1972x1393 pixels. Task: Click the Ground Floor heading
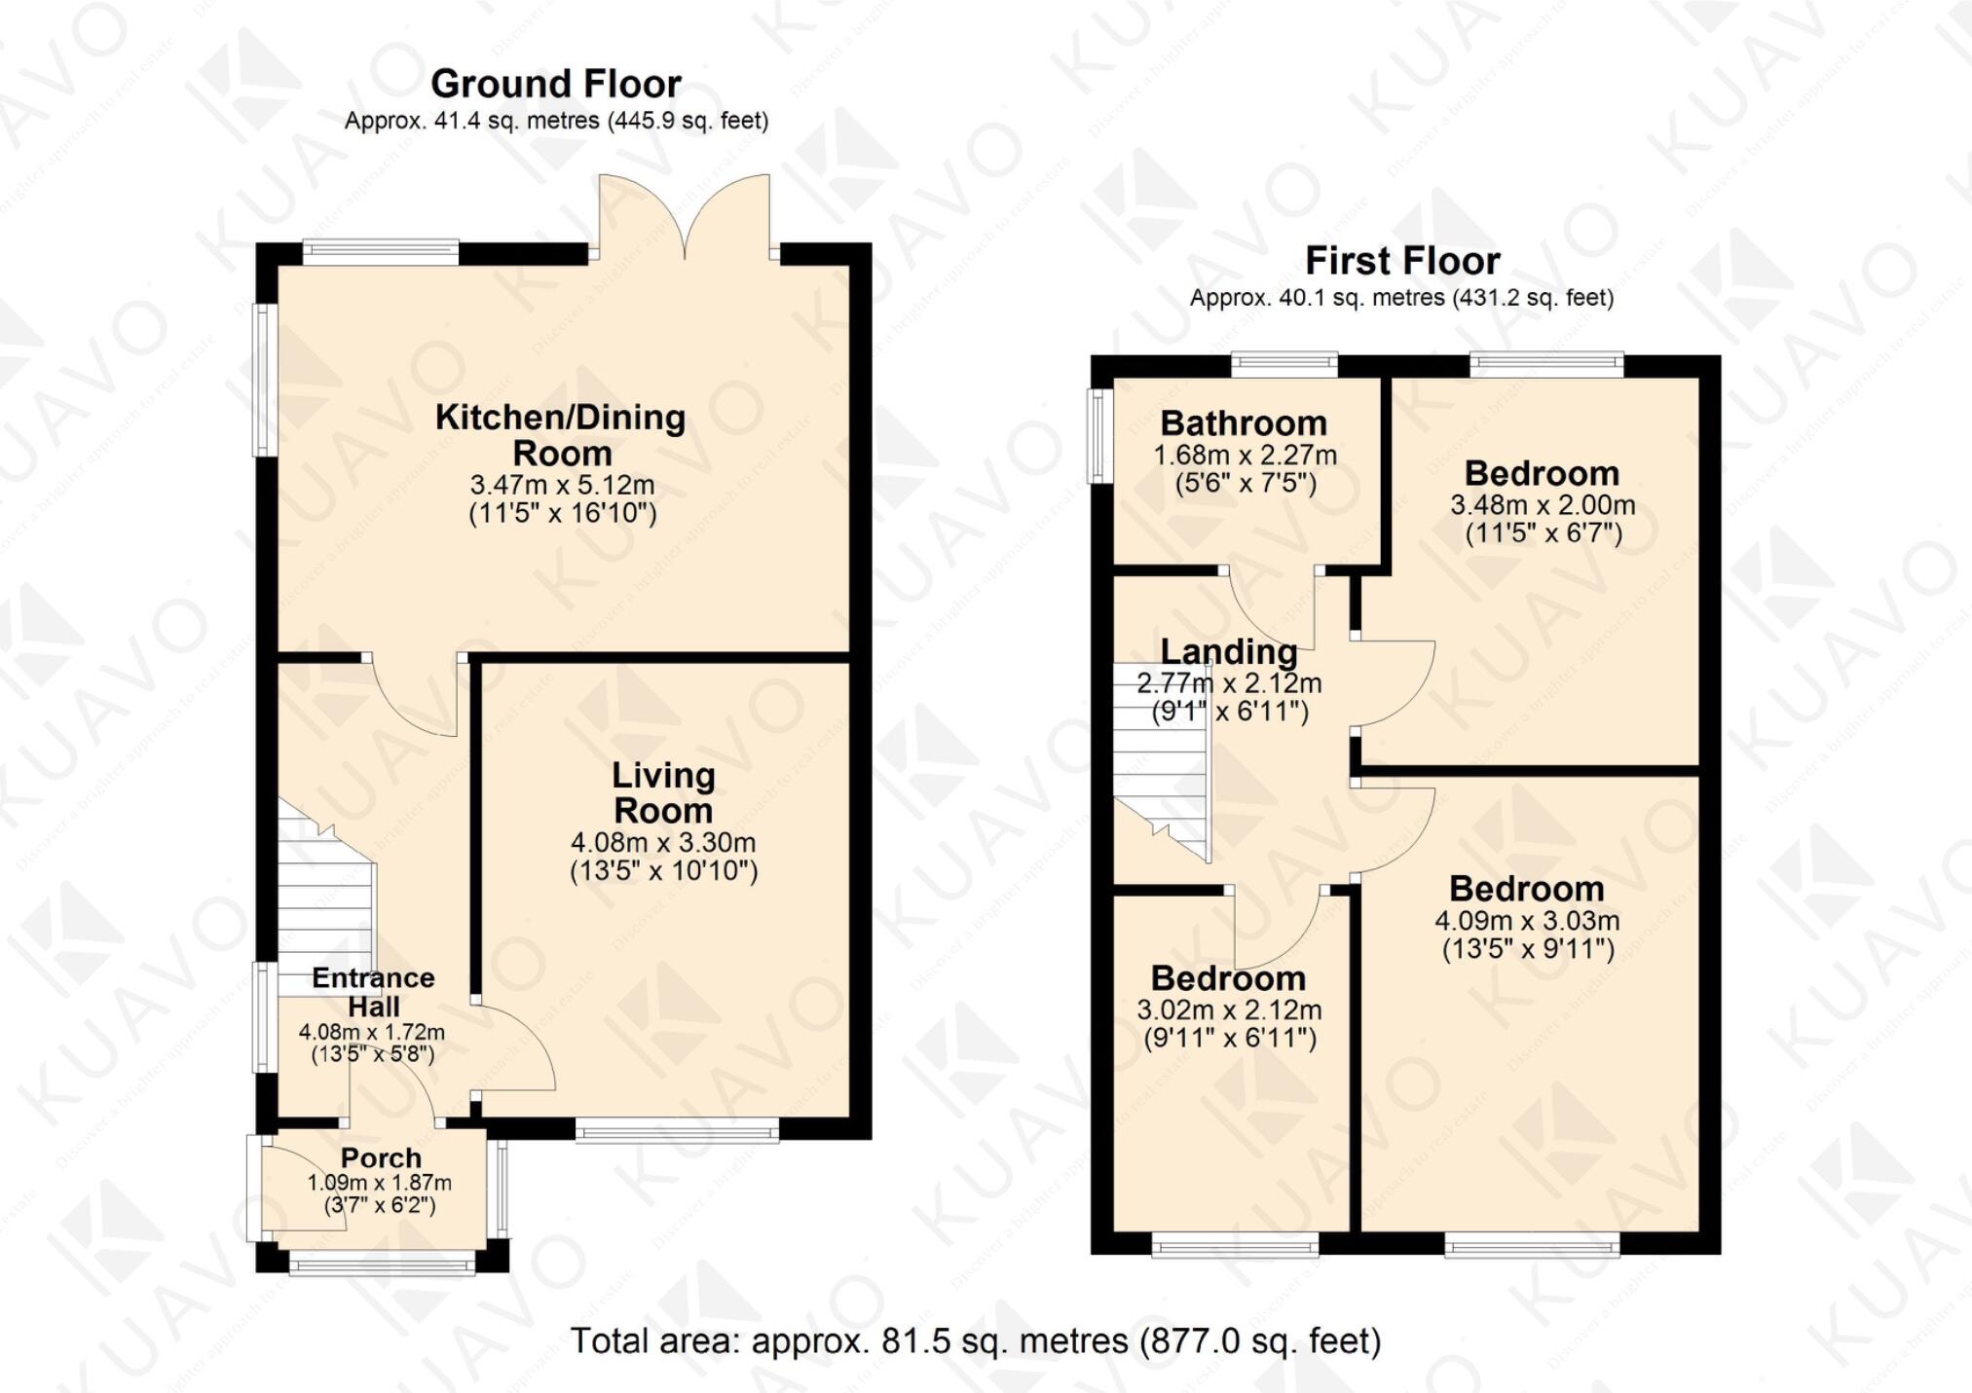[555, 84]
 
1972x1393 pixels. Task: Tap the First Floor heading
[1401, 261]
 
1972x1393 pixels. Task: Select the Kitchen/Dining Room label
[560, 434]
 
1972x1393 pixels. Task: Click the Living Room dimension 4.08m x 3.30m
[663, 842]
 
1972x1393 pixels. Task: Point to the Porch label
[381, 1157]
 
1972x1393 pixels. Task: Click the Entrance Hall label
[373, 991]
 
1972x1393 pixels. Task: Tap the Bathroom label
[1244, 423]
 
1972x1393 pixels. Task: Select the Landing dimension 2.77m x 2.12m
[1229, 682]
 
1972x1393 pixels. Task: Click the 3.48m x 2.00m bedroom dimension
[1543, 505]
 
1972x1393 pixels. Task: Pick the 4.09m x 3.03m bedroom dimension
[1527, 920]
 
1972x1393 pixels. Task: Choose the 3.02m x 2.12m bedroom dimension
[1229, 1009]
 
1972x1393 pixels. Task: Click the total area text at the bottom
[975, 1340]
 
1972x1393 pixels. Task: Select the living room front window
[677, 1129]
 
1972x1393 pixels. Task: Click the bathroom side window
[1100, 436]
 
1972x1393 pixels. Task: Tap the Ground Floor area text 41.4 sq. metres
[556, 121]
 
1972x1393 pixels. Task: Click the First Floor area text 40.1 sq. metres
[1401, 298]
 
